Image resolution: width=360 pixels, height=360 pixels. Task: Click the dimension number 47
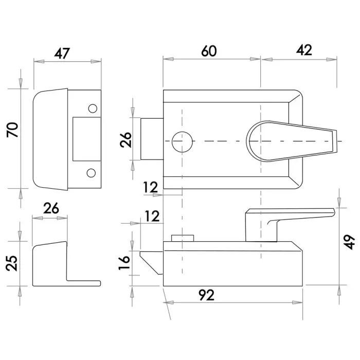click(62, 53)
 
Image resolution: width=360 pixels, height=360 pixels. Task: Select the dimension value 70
click(12, 130)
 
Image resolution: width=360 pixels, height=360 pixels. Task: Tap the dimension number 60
click(209, 51)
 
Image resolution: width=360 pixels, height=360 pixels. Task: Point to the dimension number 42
click(304, 50)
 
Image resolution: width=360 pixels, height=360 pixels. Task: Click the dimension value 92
click(207, 295)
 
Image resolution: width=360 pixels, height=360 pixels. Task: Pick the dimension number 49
click(349, 242)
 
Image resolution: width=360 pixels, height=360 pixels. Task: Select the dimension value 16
click(124, 262)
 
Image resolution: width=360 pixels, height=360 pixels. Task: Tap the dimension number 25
click(11, 263)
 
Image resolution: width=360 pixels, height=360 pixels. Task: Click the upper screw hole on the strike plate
click(93, 109)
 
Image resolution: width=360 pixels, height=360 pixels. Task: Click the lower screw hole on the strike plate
click(91, 173)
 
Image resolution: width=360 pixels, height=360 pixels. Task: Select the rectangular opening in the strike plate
click(87, 139)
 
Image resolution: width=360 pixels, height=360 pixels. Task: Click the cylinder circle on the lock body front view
click(182, 142)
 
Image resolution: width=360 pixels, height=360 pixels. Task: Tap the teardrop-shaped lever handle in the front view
click(292, 141)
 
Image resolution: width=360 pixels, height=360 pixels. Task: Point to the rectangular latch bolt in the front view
click(152, 139)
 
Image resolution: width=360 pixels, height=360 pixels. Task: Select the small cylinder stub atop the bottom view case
click(183, 238)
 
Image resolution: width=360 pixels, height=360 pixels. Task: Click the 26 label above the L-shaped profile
click(51, 208)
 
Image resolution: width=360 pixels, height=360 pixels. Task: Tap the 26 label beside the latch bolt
click(125, 139)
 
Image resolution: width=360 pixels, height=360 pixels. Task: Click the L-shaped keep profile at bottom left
click(66, 263)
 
